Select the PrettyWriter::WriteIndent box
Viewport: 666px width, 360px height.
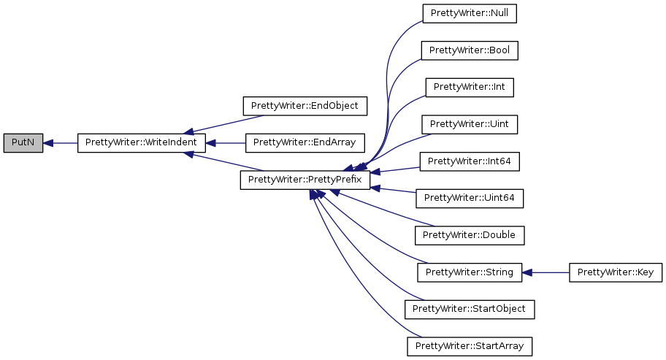(x=141, y=143)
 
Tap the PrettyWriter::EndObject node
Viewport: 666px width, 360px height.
(x=305, y=106)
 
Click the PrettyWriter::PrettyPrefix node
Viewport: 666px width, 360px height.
(x=305, y=180)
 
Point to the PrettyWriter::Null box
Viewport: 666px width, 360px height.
(x=470, y=14)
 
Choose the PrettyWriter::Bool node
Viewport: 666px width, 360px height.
(x=470, y=50)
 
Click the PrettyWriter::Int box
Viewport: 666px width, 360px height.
(x=470, y=88)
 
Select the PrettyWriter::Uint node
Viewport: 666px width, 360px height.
(x=470, y=124)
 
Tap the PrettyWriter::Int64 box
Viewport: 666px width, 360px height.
(x=470, y=161)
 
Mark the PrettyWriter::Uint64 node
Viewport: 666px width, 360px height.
(x=470, y=198)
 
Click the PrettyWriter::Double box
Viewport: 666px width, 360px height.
(x=470, y=235)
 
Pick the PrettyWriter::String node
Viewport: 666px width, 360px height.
(x=470, y=272)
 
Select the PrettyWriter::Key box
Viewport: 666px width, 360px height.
(x=616, y=272)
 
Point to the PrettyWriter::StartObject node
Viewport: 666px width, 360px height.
(x=470, y=309)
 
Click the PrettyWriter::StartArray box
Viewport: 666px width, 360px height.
(x=470, y=345)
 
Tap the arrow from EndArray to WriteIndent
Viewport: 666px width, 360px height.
(x=226, y=143)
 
